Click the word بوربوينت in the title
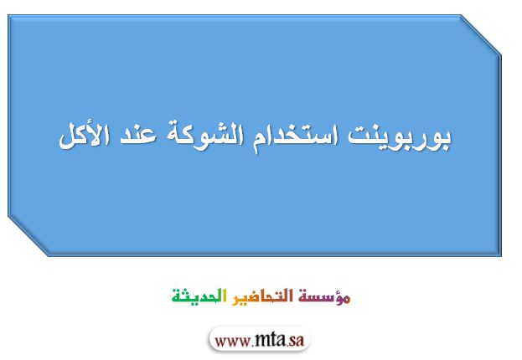[400, 136]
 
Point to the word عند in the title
[138, 136]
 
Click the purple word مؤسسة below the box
[324, 296]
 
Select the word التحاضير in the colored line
[262, 296]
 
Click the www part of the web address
[232, 342]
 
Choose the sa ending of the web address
[297, 341]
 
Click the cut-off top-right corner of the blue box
[481, 35]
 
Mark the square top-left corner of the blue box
[8, 15]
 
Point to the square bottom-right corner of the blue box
[501, 255]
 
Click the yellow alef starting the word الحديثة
[225, 296]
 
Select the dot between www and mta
[253, 346]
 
